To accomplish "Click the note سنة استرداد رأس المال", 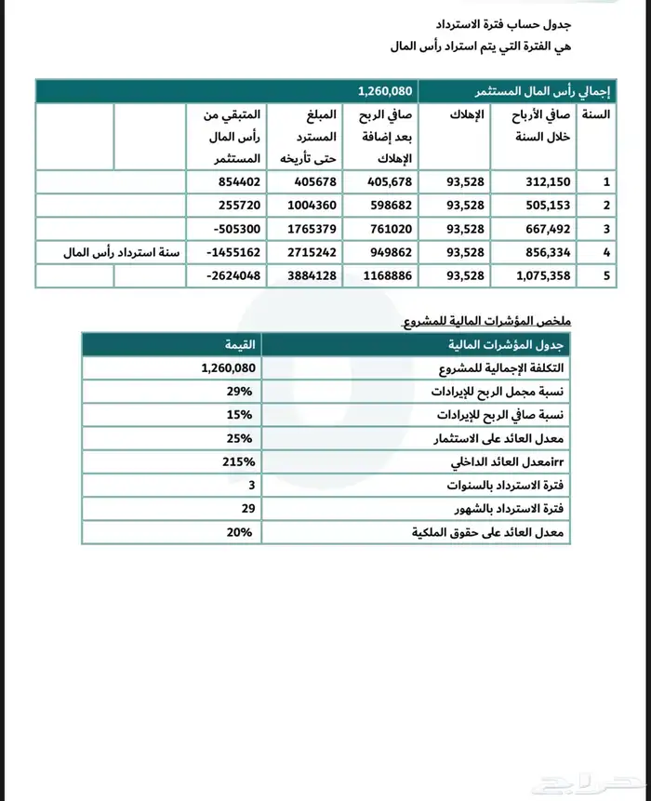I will tap(123, 252).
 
